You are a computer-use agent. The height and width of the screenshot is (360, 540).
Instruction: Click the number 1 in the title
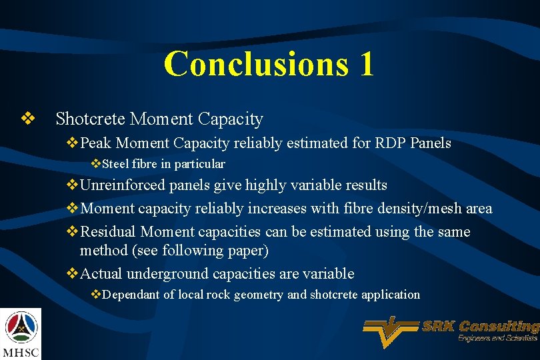[365, 64]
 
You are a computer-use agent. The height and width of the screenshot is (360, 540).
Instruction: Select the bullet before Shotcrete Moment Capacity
[27, 119]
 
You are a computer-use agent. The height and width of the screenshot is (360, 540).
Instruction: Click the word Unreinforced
[123, 185]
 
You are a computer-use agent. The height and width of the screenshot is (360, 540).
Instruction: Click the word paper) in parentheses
[247, 250]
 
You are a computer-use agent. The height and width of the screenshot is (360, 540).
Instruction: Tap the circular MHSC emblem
[21, 327]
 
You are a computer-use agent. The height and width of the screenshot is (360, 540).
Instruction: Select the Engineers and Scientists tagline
[497, 339]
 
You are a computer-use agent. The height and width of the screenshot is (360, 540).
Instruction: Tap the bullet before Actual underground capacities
[73, 273]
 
